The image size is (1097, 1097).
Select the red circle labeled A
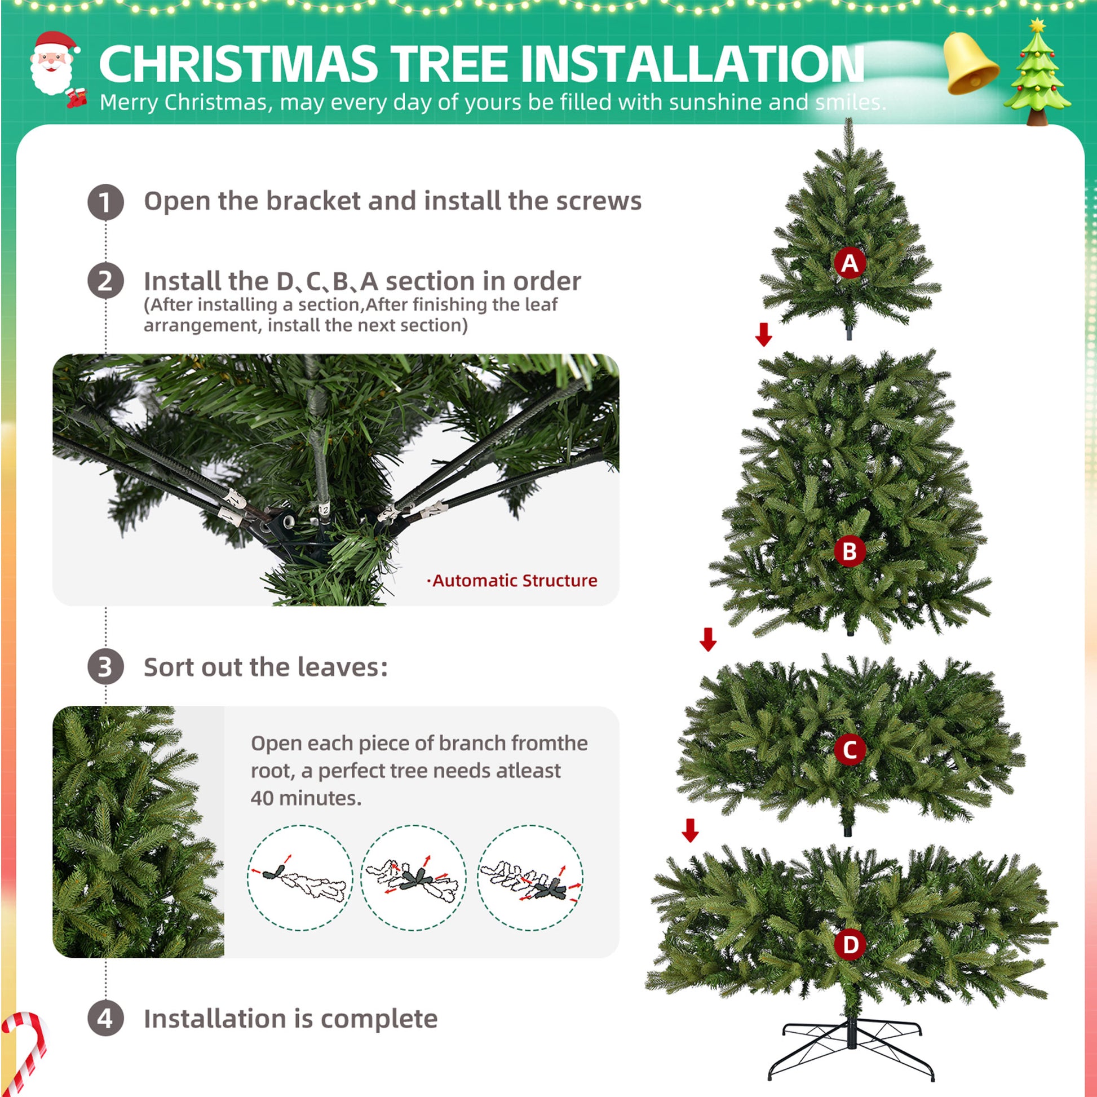pyautogui.click(x=850, y=263)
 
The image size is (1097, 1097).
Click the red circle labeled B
pyautogui.click(x=850, y=551)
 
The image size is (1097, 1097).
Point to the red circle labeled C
pyautogui.click(x=850, y=750)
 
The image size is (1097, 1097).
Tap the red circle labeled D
pyautogui.click(x=850, y=945)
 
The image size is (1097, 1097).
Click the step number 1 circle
pyautogui.click(x=105, y=202)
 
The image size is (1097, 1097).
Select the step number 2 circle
pyautogui.click(x=105, y=281)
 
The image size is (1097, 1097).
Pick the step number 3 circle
pyautogui.click(x=105, y=667)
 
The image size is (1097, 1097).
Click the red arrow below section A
pyautogui.click(x=764, y=334)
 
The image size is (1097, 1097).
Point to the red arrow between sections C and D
pyautogui.click(x=691, y=830)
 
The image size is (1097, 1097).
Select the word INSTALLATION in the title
pyautogui.click(x=692, y=64)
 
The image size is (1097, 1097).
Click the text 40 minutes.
pyautogui.click(x=306, y=798)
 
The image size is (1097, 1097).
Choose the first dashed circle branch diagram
pyautogui.click(x=300, y=877)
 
